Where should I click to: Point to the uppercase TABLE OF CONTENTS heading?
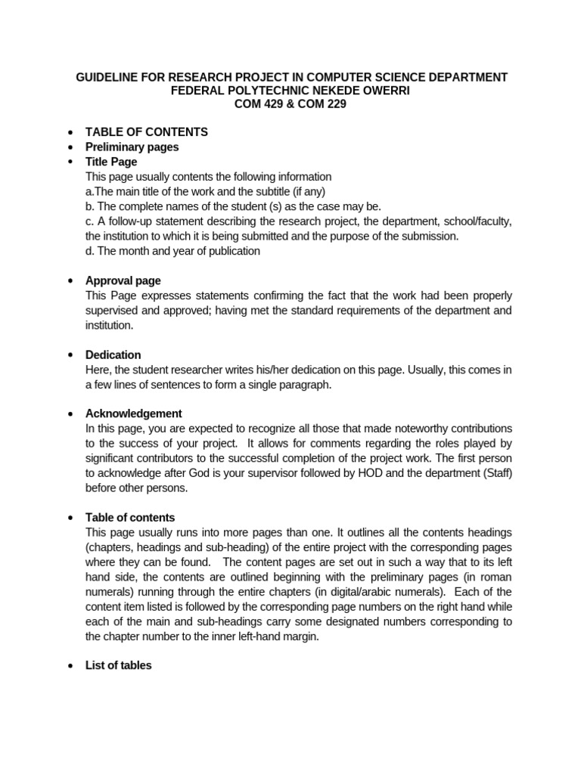tap(147, 132)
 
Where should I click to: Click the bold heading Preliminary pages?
tap(132, 147)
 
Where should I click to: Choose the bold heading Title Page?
tap(111, 162)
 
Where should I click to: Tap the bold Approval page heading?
tap(123, 280)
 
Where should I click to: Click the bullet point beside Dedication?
tap(70, 354)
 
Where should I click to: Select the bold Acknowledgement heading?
tap(134, 413)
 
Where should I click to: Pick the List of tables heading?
tap(119, 665)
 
